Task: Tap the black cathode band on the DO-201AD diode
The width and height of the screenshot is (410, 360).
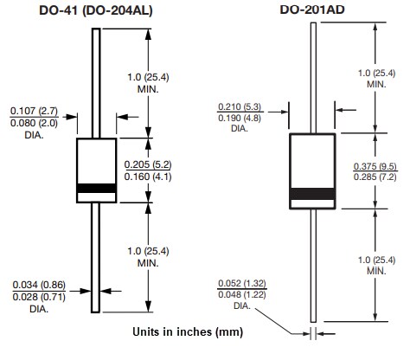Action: [x=311, y=194]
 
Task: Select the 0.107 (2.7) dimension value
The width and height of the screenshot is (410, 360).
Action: [x=33, y=111]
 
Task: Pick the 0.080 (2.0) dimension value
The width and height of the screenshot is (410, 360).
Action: [x=33, y=122]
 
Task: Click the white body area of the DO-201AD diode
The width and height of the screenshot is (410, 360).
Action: [x=311, y=159]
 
